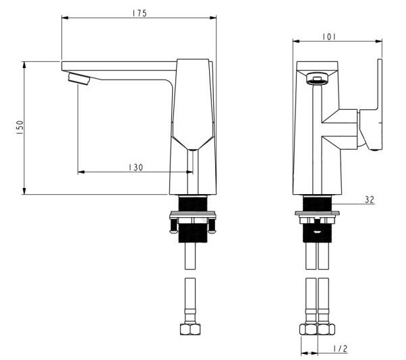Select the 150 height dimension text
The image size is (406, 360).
(x=20, y=128)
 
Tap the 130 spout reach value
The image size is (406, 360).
(x=136, y=167)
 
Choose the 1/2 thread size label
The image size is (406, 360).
(x=341, y=349)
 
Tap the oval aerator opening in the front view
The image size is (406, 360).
(x=315, y=79)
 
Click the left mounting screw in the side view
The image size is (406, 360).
(x=174, y=222)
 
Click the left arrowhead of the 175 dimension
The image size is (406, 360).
(x=65, y=18)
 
